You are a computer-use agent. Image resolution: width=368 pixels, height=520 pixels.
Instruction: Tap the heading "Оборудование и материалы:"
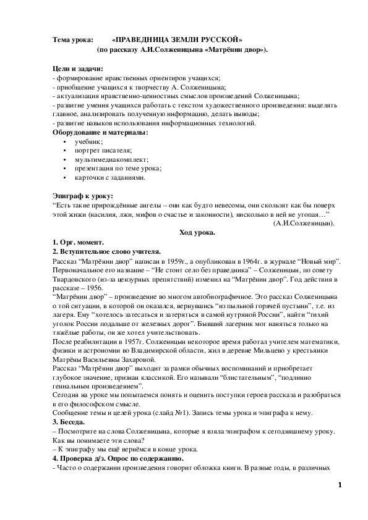pos(100,132)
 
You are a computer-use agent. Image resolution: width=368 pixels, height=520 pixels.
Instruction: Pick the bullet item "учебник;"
pos(88,141)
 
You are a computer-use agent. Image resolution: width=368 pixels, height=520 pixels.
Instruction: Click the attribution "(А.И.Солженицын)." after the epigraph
pos(303,223)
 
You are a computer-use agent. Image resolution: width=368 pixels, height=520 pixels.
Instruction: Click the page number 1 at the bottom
pos(340,502)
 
